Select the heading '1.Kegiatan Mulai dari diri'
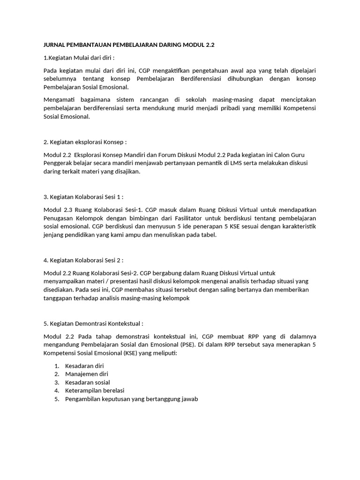[79, 58]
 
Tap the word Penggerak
[59, 163]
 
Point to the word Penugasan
[60, 218]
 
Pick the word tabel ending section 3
[208, 235]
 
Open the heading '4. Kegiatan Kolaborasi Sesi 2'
[83, 260]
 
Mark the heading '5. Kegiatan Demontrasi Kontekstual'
[93, 323]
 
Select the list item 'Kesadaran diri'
[84, 366]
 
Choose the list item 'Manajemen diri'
[86, 374]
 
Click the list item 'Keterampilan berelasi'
[95, 391]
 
